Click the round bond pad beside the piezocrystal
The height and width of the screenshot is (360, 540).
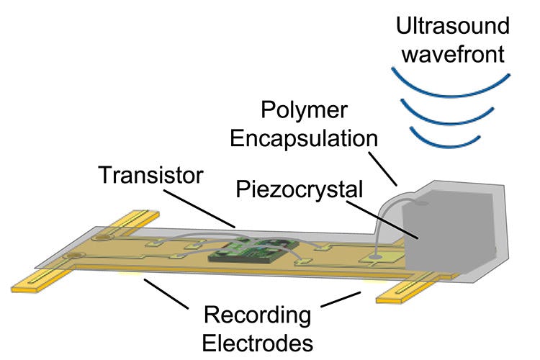point(375,254)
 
